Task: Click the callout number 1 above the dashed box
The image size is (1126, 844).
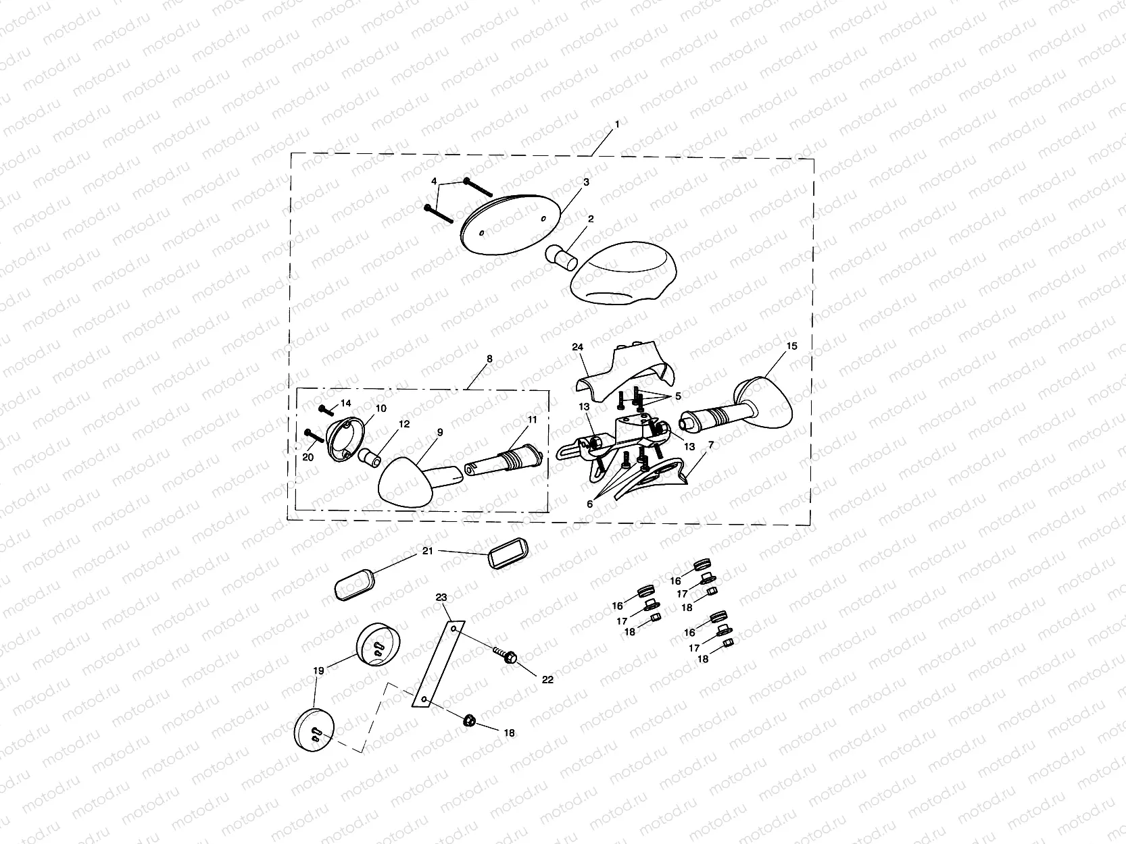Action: (617, 124)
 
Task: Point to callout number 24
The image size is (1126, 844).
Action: (578, 347)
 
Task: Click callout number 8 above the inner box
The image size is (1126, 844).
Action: (489, 359)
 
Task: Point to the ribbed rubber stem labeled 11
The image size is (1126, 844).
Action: (504, 460)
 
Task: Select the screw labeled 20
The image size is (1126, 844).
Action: (314, 436)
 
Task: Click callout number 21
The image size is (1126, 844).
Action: (428, 551)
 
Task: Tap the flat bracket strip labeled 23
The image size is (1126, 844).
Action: (439, 664)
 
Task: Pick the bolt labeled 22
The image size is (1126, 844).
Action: (506, 656)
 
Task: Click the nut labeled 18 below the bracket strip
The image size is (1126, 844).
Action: (469, 721)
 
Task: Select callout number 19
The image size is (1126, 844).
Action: (318, 670)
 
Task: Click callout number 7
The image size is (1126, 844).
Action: (710, 446)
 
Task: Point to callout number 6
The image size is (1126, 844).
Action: (590, 504)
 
